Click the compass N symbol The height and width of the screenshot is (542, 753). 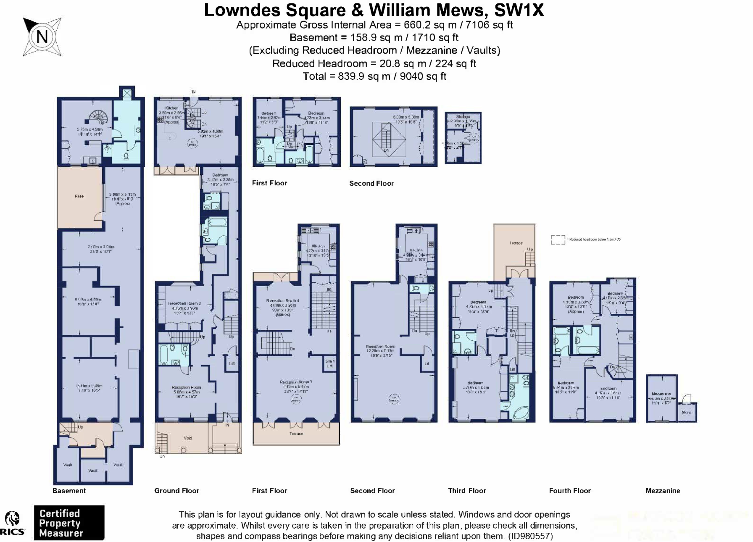(x=42, y=37)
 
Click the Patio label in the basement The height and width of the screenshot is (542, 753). (x=79, y=196)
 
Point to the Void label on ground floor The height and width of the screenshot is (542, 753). (x=188, y=438)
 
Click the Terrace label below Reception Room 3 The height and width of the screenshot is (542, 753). (x=296, y=434)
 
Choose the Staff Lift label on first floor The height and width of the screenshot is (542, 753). (x=330, y=363)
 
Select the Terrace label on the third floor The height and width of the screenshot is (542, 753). (x=516, y=243)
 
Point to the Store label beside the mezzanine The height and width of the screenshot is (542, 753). (x=686, y=413)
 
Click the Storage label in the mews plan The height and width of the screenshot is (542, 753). (x=463, y=116)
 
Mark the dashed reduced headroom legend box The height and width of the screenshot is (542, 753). (x=558, y=239)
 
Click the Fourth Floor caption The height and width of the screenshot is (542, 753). (x=570, y=491)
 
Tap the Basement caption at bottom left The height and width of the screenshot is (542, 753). (x=69, y=491)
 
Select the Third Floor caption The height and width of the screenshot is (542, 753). (x=467, y=491)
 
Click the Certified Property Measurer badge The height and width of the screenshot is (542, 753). (x=69, y=523)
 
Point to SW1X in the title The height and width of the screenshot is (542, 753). (x=519, y=10)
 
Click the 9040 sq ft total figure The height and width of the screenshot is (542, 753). (x=423, y=76)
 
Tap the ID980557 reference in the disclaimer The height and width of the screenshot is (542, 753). (x=530, y=537)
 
